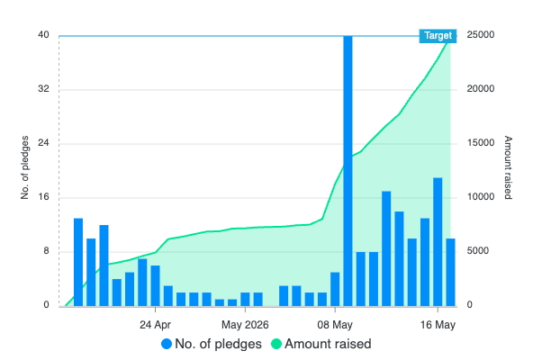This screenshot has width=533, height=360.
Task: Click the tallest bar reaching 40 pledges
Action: pyautogui.click(x=348, y=171)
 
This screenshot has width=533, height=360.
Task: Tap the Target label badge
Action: pyautogui.click(x=438, y=36)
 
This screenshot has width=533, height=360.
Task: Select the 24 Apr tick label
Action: pyautogui.click(x=155, y=325)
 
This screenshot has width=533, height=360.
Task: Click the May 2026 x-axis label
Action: pyautogui.click(x=245, y=325)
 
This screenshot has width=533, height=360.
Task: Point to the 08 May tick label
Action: pyautogui.click(x=335, y=325)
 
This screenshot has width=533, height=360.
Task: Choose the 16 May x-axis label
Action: pyautogui.click(x=438, y=325)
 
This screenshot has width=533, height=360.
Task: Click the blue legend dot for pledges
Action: pyautogui.click(x=167, y=344)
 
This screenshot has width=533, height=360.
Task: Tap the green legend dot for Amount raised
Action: pyautogui.click(x=276, y=344)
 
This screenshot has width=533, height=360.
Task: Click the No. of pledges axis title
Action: pyautogui.click(x=24, y=167)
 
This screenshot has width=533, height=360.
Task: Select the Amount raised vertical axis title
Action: pyautogui.click(x=508, y=167)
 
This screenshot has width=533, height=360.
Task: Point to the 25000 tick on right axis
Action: pyautogui.click(x=480, y=35)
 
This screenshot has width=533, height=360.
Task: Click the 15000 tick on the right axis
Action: pyautogui.click(x=480, y=143)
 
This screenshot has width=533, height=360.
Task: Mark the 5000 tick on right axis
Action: pyautogui.click(x=477, y=251)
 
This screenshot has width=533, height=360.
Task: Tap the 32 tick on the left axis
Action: pyautogui.click(x=43, y=89)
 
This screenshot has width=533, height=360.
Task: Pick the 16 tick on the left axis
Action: pyautogui.click(x=43, y=197)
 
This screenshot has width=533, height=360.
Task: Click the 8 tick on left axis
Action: pyautogui.click(x=46, y=251)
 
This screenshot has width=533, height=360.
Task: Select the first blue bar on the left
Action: pyautogui.click(x=78, y=262)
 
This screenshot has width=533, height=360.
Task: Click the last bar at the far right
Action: pyautogui.click(x=450, y=273)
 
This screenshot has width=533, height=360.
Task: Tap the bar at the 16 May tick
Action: pyautogui.click(x=438, y=242)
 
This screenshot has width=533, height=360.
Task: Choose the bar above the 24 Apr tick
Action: pyautogui.click(x=155, y=286)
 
